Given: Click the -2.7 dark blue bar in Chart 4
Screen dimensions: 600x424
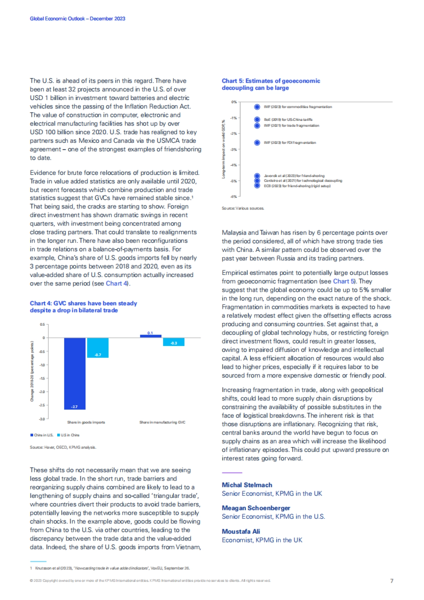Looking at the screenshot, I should (75, 373).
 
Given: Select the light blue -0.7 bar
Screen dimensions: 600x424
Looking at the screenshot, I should (98, 348).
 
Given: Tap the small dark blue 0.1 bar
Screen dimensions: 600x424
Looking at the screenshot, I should (151, 336).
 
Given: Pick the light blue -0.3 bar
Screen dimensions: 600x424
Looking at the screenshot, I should (173, 342).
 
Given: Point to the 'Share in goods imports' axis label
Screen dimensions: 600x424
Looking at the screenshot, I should (86, 422).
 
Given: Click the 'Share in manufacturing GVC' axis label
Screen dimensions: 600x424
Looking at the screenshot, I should (162, 422).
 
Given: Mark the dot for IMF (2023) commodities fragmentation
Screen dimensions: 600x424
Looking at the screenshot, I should (257, 107).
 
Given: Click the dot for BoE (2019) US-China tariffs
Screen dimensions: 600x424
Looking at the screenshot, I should (257, 120).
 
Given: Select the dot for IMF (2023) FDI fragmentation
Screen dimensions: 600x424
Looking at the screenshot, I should (257, 142).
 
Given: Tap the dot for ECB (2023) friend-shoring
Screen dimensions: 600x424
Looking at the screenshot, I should (257, 186).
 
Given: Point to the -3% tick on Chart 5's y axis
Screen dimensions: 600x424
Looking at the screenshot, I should (234, 149).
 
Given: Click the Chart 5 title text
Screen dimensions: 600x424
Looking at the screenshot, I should (271, 84).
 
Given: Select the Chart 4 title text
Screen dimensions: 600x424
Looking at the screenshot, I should (83, 307).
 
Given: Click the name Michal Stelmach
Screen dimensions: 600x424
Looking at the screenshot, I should (247, 485).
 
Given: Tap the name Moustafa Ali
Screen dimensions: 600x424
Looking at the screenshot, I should (241, 531).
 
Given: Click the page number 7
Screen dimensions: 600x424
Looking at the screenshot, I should (391, 581).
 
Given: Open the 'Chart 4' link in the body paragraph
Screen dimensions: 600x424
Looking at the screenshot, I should (116, 283).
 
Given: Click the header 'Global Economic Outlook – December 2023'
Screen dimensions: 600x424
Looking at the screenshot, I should (77, 19).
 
